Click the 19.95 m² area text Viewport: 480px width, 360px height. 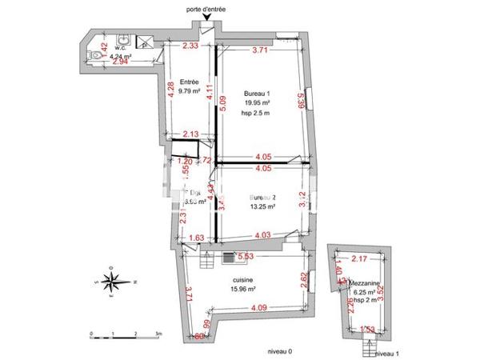pyautogui.click(x=255, y=103)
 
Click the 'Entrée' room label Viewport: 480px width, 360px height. pyautogui.click(x=189, y=82)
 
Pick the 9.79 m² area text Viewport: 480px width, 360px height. pyautogui.click(x=189, y=91)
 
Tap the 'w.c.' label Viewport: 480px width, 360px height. pyautogui.click(x=122, y=48)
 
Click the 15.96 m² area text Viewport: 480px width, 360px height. pyautogui.click(x=243, y=290)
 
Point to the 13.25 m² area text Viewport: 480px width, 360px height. pyautogui.click(x=262, y=206)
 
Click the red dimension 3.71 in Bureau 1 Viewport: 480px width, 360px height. pyautogui.click(x=259, y=50)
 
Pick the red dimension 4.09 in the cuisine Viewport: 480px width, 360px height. pyautogui.click(x=258, y=307)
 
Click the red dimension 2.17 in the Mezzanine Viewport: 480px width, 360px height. pyautogui.click(x=360, y=258)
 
